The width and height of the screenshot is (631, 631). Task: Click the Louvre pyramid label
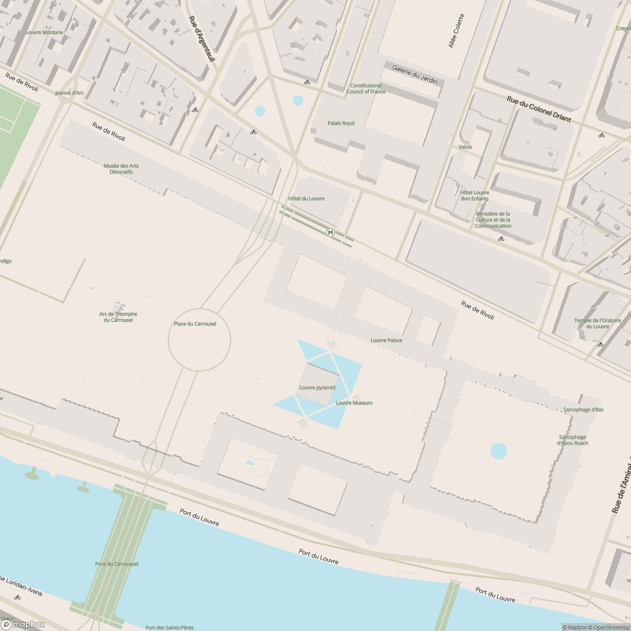point(317,388)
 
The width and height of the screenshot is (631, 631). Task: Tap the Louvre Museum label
point(354,403)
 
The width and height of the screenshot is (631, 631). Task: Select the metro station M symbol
point(330,232)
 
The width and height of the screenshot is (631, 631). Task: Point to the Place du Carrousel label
point(195,323)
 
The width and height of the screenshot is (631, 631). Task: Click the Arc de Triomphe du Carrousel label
point(118,317)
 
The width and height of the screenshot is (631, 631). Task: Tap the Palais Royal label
point(341,123)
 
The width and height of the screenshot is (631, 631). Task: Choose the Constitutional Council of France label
point(366,88)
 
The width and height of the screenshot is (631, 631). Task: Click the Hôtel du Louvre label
point(306,198)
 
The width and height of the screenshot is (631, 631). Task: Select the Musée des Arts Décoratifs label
point(121,169)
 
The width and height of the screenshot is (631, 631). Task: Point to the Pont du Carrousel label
point(117,564)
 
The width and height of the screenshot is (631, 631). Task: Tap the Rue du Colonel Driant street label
point(538,109)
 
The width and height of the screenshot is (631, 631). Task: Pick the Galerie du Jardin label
point(414,74)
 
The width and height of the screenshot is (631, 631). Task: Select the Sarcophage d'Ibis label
point(583,410)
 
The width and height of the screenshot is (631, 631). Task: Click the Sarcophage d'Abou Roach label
point(573,440)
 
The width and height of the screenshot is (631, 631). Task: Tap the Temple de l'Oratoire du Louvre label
point(597,323)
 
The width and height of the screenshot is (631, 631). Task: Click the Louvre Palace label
point(386,340)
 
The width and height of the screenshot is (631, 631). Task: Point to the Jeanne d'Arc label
point(69,93)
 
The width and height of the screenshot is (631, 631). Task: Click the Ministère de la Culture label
point(493,220)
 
